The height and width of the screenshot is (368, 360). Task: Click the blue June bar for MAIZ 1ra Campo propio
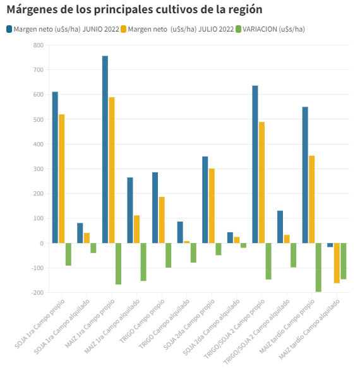(x=105, y=149)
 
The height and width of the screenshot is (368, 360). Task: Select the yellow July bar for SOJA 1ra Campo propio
(x=61, y=179)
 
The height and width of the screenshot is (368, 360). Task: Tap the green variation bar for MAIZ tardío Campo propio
(x=318, y=267)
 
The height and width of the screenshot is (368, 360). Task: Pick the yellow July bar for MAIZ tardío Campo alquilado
(x=337, y=263)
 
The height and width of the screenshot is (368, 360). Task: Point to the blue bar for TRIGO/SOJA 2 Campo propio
(x=255, y=164)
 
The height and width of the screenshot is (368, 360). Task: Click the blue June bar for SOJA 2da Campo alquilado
(x=230, y=238)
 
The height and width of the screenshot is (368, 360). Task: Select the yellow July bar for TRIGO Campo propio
(x=162, y=220)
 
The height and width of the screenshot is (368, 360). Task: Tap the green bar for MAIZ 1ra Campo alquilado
(x=143, y=262)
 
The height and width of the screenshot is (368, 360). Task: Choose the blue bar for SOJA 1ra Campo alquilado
(x=80, y=233)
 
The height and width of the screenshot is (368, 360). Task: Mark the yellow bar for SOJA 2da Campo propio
(x=212, y=206)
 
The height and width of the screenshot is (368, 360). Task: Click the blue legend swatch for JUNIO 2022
(x=9, y=29)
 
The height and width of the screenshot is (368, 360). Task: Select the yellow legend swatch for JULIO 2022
(x=124, y=29)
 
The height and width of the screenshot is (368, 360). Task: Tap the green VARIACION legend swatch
(x=238, y=29)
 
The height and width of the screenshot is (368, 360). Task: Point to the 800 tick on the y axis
(x=39, y=45)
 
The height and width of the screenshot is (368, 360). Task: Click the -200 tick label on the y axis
(x=37, y=293)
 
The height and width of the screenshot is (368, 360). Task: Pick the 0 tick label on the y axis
(x=42, y=244)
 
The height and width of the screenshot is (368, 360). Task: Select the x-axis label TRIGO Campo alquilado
(x=164, y=324)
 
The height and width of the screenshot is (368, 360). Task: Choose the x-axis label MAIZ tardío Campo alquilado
(x=309, y=329)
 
